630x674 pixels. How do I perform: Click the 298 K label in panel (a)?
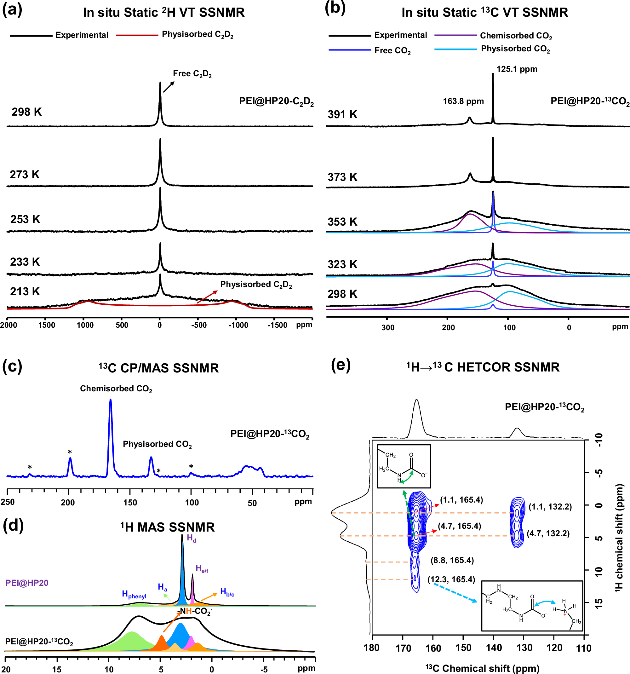pyautogui.click(x=26, y=112)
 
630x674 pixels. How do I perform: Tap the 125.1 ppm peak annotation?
pyautogui.click(x=517, y=69)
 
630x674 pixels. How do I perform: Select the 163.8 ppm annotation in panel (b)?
pyautogui.click(x=463, y=101)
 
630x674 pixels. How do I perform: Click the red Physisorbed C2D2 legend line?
pyautogui.click(x=137, y=35)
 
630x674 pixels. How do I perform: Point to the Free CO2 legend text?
pyautogui.click(x=392, y=51)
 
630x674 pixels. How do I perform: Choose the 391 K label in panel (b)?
pyautogui.click(x=342, y=115)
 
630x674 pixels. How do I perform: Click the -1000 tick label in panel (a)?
pyautogui.click(x=238, y=325)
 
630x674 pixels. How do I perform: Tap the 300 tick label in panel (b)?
pyautogui.click(x=388, y=327)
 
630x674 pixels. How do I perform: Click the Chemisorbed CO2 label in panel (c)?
pyautogui.click(x=116, y=389)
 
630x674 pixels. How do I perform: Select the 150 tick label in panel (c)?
pyautogui.click(x=130, y=503)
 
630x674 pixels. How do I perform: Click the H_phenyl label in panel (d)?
pyautogui.click(x=134, y=594)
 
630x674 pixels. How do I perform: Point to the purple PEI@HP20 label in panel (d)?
pyautogui.click(x=27, y=583)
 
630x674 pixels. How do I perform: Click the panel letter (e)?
pyautogui.click(x=341, y=365)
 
